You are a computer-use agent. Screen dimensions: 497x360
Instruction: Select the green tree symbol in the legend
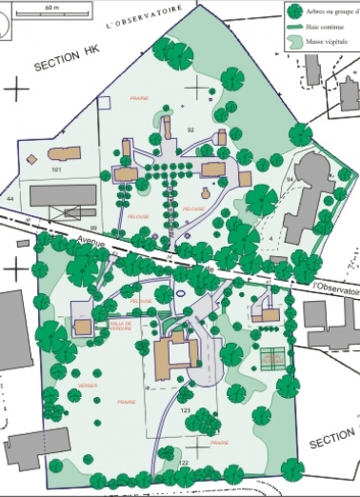tap(296, 11)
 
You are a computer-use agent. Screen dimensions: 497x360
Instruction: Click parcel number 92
tap(190, 129)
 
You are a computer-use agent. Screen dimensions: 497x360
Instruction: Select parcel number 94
tap(289, 178)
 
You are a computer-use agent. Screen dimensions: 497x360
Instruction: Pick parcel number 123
tap(186, 410)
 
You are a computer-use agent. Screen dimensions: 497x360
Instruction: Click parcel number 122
tap(184, 462)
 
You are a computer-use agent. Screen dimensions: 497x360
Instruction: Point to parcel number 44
tap(10, 197)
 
